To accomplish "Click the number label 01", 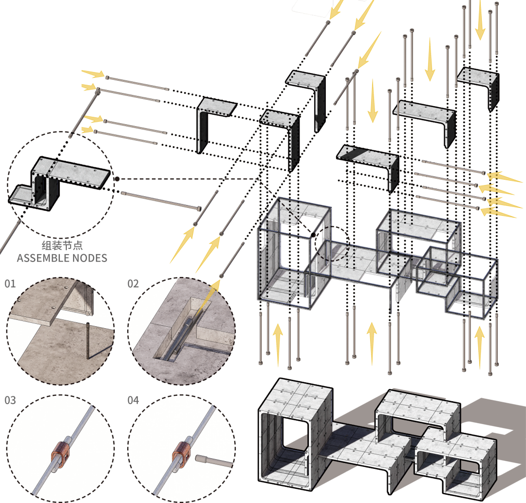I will click(x=10, y=283).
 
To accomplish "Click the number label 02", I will click(x=133, y=283).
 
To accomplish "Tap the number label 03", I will click(x=10, y=400).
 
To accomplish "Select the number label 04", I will click(x=133, y=400).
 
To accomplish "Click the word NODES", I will click(x=90, y=258).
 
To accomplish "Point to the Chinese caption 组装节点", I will click(x=61, y=246).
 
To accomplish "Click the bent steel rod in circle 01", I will click(x=90, y=341).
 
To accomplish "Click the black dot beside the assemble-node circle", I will click(x=117, y=179).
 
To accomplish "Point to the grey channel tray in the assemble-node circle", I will click(x=21, y=194).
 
